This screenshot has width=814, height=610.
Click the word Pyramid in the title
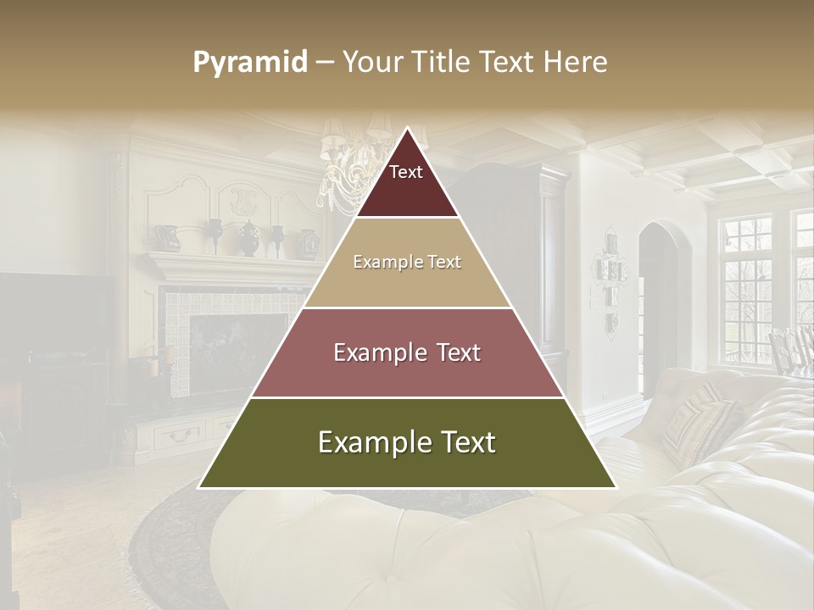[249, 63]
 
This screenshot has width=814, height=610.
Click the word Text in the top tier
[406, 172]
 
